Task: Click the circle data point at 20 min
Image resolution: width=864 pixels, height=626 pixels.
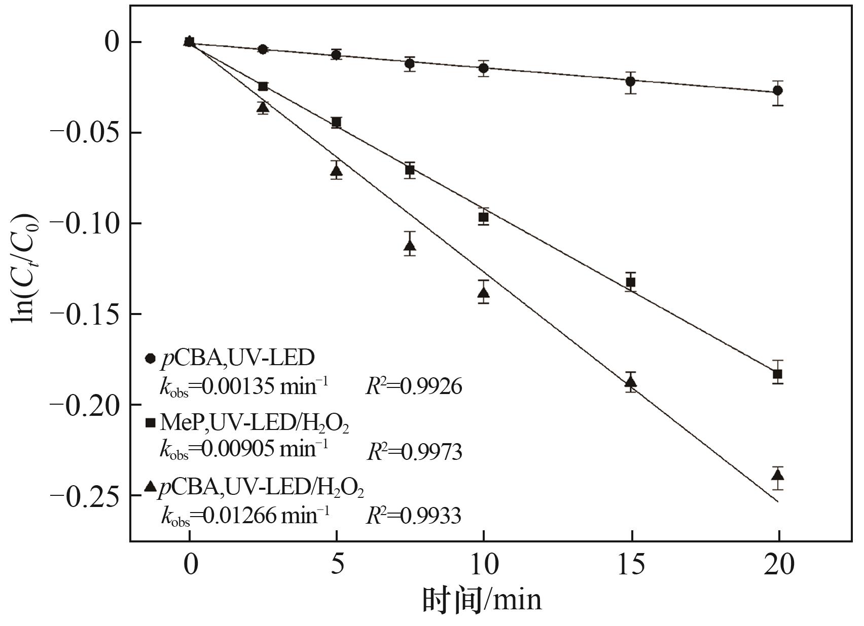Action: [777, 91]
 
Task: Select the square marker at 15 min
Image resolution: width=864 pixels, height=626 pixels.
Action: [630, 282]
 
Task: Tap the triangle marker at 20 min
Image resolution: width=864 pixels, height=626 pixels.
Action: [777, 476]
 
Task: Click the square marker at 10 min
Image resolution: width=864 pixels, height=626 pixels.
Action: [483, 217]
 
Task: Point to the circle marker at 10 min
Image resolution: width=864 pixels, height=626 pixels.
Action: [483, 68]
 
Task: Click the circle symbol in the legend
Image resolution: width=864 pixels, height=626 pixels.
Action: [150, 359]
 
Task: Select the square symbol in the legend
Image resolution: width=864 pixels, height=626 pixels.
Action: [150, 423]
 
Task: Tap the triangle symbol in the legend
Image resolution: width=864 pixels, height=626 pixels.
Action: [150, 487]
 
